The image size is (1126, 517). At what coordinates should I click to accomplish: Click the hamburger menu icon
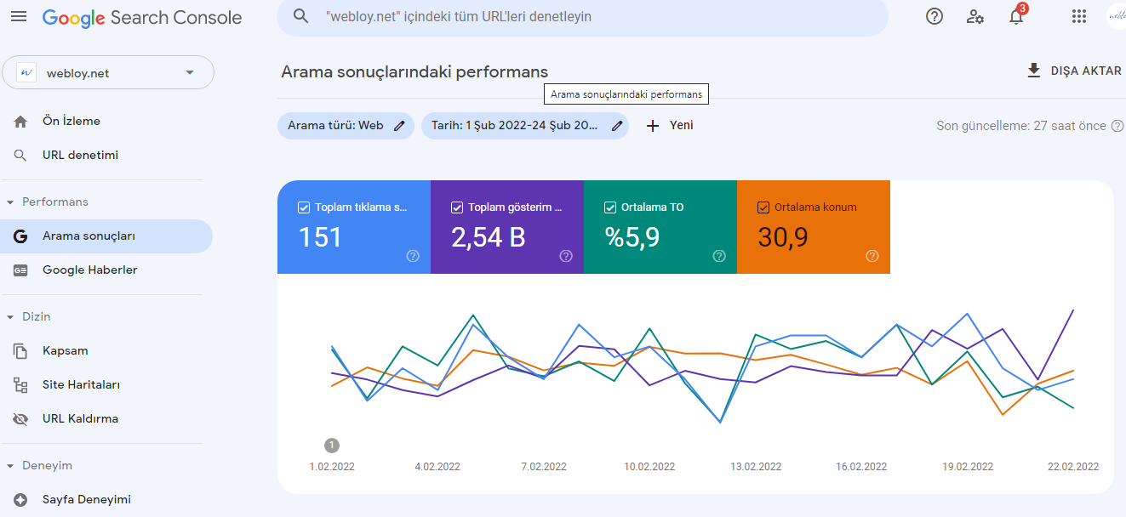[x=19, y=16]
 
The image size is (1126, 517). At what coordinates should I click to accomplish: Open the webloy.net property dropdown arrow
[x=190, y=72]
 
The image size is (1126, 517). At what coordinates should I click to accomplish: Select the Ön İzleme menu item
[x=71, y=121]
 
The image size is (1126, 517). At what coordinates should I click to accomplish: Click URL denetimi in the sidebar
[x=80, y=155]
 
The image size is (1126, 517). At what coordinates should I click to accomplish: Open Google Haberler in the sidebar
[x=90, y=270]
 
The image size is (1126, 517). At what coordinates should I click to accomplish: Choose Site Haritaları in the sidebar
[x=81, y=384]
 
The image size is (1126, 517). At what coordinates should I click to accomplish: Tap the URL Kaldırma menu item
[x=80, y=418]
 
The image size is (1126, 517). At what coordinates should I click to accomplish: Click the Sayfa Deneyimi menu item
[x=87, y=499]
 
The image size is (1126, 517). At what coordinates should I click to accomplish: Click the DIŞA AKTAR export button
[x=1074, y=71]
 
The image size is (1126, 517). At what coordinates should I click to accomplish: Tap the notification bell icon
[x=1016, y=16]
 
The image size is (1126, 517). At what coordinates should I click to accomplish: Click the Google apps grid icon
[x=1078, y=16]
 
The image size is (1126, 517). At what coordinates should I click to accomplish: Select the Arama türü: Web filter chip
[x=346, y=126]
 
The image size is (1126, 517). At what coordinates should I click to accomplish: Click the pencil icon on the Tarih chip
[x=617, y=126]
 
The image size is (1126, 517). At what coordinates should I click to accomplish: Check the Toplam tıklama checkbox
[x=304, y=207]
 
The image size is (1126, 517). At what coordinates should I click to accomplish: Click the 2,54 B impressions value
[x=488, y=237]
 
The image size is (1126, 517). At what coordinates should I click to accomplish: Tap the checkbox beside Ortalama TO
[x=609, y=207]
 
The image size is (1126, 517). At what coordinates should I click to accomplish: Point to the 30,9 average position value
[x=783, y=237]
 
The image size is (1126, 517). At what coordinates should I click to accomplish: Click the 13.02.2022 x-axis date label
[x=756, y=467]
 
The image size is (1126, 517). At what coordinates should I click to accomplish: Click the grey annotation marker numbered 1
[x=332, y=446]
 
